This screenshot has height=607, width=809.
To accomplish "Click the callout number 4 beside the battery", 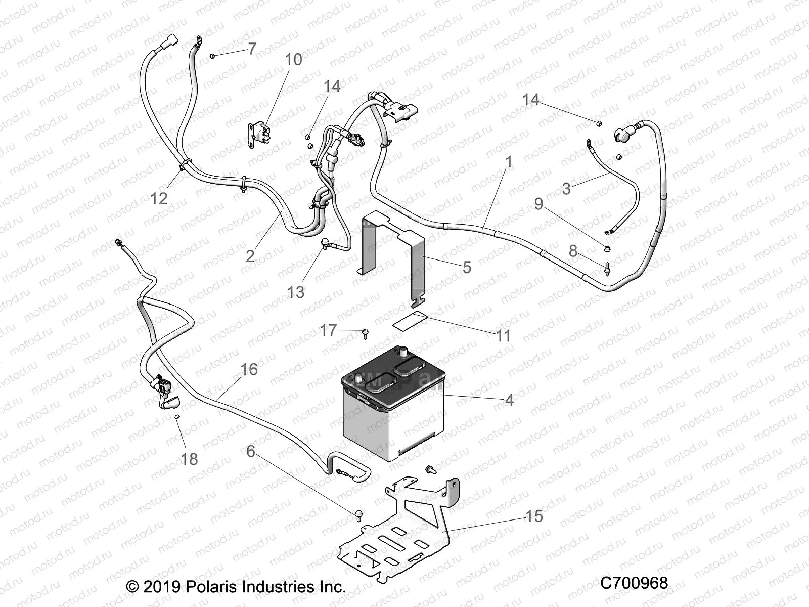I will [509, 400].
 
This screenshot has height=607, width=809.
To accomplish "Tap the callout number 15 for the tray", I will [534, 516].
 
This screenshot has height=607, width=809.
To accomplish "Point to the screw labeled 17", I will [365, 333].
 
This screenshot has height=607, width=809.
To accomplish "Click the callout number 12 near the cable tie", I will [159, 198].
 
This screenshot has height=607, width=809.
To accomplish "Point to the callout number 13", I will [296, 292].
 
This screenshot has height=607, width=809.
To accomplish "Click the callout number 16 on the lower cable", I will [249, 370].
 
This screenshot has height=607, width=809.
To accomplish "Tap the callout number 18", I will [190, 459].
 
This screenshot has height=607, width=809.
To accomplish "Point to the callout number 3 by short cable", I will [566, 189].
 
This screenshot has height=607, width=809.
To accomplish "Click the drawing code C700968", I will [634, 583].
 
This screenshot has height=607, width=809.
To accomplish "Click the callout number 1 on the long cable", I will [509, 162].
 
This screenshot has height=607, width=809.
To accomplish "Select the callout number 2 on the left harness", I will [250, 256].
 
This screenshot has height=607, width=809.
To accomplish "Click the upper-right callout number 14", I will [530, 100].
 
